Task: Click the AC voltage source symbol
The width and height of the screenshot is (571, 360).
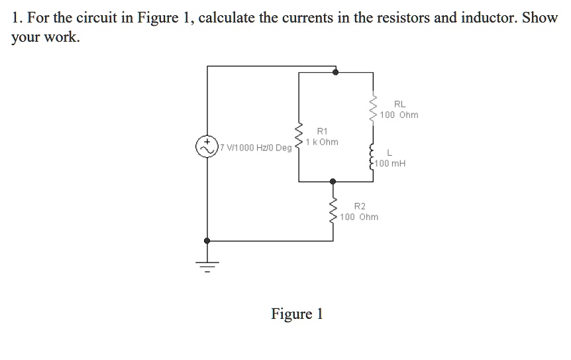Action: point(207,147)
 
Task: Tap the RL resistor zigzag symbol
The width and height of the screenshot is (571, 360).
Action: point(374,109)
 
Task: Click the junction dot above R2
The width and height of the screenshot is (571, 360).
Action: point(333,180)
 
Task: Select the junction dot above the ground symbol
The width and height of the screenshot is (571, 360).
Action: point(207,241)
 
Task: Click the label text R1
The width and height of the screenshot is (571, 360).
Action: point(322,131)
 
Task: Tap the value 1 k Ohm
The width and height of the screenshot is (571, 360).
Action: point(322,142)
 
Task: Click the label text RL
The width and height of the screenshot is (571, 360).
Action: point(399,104)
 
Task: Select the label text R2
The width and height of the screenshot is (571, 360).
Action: point(360,206)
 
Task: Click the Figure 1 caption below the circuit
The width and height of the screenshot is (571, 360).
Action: point(297,314)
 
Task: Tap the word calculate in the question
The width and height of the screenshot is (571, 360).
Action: point(227,18)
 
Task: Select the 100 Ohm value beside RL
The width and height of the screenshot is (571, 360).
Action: point(399,115)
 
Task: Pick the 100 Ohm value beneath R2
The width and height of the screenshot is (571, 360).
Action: point(360,217)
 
